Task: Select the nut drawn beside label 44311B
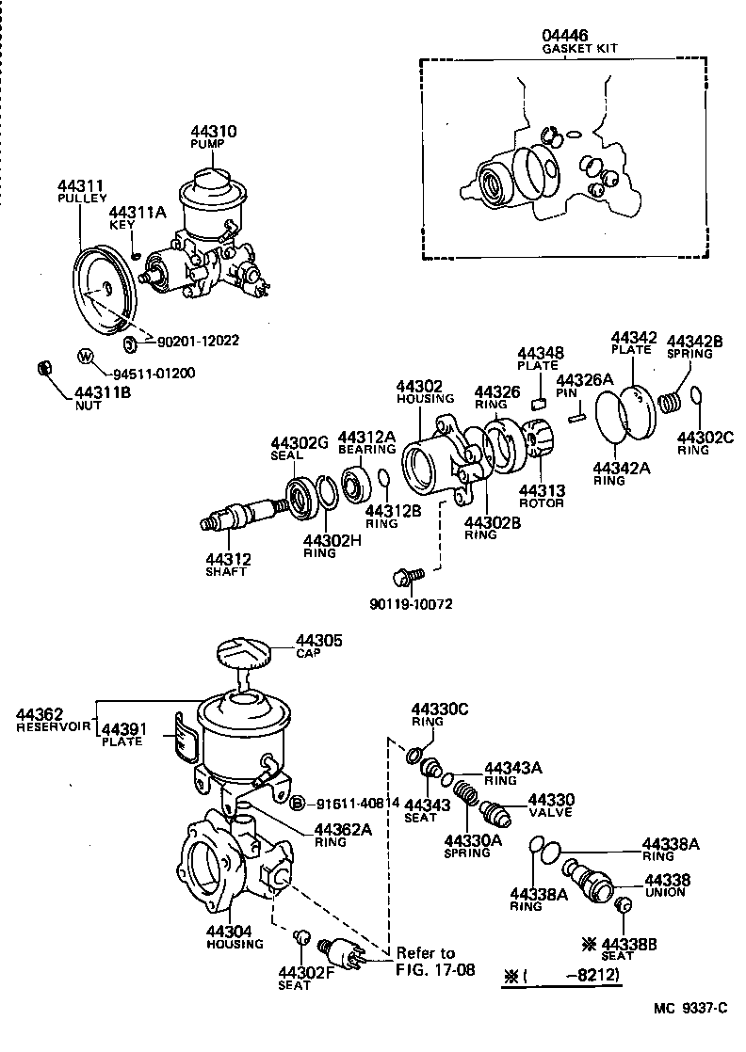coord(42,367)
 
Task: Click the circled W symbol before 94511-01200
coord(86,357)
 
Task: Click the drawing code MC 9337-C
coord(691,1009)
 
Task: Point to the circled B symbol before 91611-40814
coord(297,803)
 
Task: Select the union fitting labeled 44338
coord(591,879)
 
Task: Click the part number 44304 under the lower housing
coord(230,932)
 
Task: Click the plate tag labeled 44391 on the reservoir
coord(184,739)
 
